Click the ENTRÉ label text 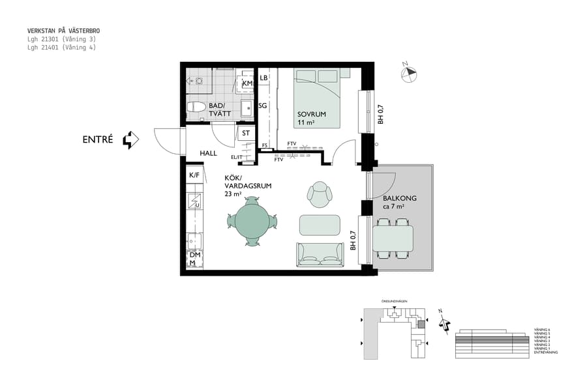click(x=98, y=139)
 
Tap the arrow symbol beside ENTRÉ click(x=131, y=139)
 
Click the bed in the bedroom click(x=317, y=98)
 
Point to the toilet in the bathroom click(x=197, y=107)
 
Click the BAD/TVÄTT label click(x=216, y=110)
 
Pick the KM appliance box click(x=247, y=83)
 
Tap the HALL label click(x=208, y=153)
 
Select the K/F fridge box click(x=194, y=175)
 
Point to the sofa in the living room click(x=320, y=254)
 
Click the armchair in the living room click(x=320, y=193)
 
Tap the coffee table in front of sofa click(x=320, y=225)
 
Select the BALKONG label click(x=400, y=199)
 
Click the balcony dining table click(x=393, y=239)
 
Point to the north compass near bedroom click(x=409, y=74)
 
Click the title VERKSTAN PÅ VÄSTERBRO click(x=64, y=31)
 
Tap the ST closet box click(x=246, y=134)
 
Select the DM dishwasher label click(x=194, y=255)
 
